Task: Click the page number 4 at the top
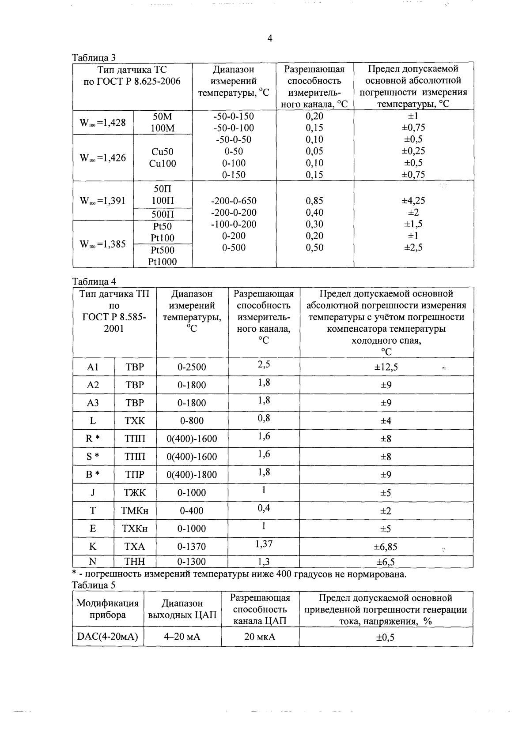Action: coord(270,39)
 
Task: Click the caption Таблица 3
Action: coord(93,58)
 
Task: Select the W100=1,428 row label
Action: coord(102,123)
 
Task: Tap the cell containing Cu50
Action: coord(163,152)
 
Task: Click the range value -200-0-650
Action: coord(234,201)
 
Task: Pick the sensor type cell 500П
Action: coord(163,214)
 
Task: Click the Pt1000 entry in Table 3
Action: coord(163,262)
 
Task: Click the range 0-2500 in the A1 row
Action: coord(192,367)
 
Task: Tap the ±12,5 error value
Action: coord(386,367)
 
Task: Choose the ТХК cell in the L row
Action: coord(135,421)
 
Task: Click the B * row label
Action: coord(93,475)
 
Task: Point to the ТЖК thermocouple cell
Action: coord(135,493)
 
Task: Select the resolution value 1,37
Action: coord(264,544)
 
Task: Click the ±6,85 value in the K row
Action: coord(386,547)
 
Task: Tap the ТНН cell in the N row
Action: coord(135,562)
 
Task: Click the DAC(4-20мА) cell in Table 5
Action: coord(108,637)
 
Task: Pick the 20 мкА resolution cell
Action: coord(260,637)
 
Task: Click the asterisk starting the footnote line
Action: coord(75,573)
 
